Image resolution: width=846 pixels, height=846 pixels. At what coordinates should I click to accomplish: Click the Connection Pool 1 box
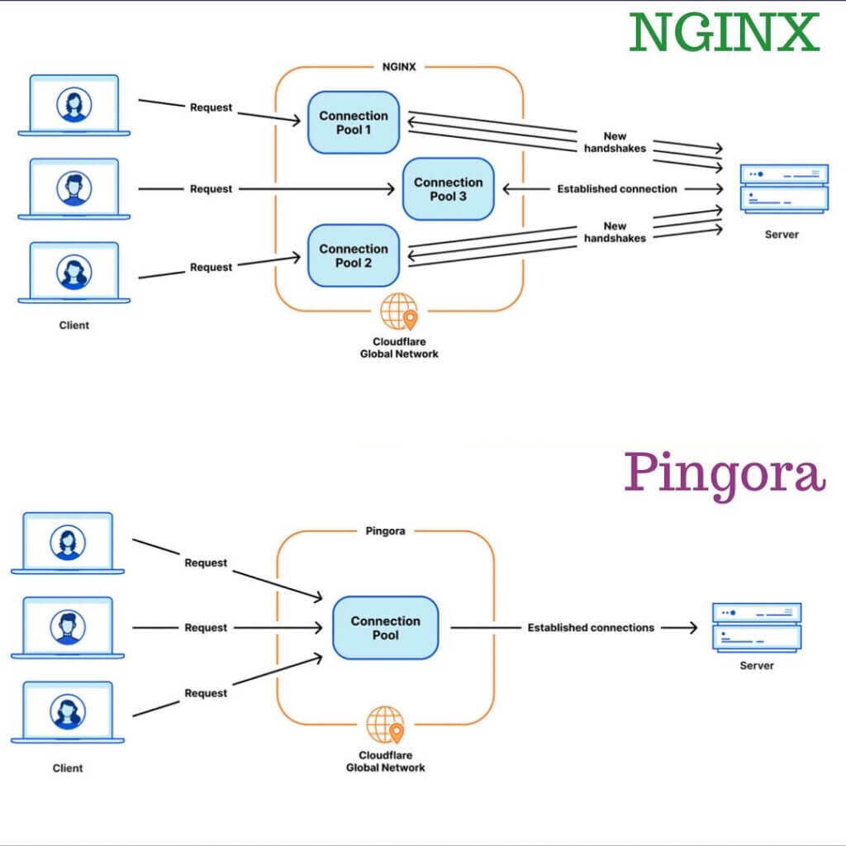tap(354, 122)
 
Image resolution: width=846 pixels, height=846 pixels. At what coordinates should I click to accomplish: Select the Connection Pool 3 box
tap(449, 189)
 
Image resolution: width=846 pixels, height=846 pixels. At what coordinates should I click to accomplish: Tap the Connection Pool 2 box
tap(354, 255)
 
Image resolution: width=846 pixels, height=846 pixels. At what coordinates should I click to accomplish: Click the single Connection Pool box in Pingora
tap(385, 628)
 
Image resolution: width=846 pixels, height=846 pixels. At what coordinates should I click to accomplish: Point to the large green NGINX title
tap(724, 32)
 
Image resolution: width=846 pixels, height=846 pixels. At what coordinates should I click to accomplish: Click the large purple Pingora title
tap(725, 473)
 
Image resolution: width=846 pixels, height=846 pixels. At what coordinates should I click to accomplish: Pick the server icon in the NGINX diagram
tap(784, 189)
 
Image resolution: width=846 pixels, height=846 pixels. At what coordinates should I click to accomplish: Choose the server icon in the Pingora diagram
tap(757, 628)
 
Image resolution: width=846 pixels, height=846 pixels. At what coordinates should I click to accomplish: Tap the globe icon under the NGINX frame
tap(399, 311)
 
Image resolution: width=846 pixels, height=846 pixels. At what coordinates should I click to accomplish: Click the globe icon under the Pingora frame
tap(385, 725)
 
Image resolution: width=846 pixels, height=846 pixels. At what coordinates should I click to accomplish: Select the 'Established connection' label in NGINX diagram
tap(616, 189)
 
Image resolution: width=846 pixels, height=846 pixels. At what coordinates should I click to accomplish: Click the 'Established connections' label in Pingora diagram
tap(591, 628)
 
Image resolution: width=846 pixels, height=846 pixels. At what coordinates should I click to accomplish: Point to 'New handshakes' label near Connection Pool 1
tap(615, 142)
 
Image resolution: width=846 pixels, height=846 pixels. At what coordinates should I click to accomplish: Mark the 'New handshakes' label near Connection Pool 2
tap(615, 232)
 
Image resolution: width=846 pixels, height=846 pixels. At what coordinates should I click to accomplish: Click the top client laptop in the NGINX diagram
tap(74, 105)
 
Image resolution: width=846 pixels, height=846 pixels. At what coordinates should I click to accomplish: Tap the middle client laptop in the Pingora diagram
tap(68, 628)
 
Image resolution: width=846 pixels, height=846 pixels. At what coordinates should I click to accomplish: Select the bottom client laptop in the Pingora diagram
tap(68, 712)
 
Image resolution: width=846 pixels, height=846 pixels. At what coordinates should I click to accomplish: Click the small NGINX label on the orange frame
tap(399, 67)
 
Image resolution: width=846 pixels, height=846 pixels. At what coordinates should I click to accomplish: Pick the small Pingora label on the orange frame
tap(385, 531)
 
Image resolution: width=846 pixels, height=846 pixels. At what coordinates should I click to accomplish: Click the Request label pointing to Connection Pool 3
tap(211, 189)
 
